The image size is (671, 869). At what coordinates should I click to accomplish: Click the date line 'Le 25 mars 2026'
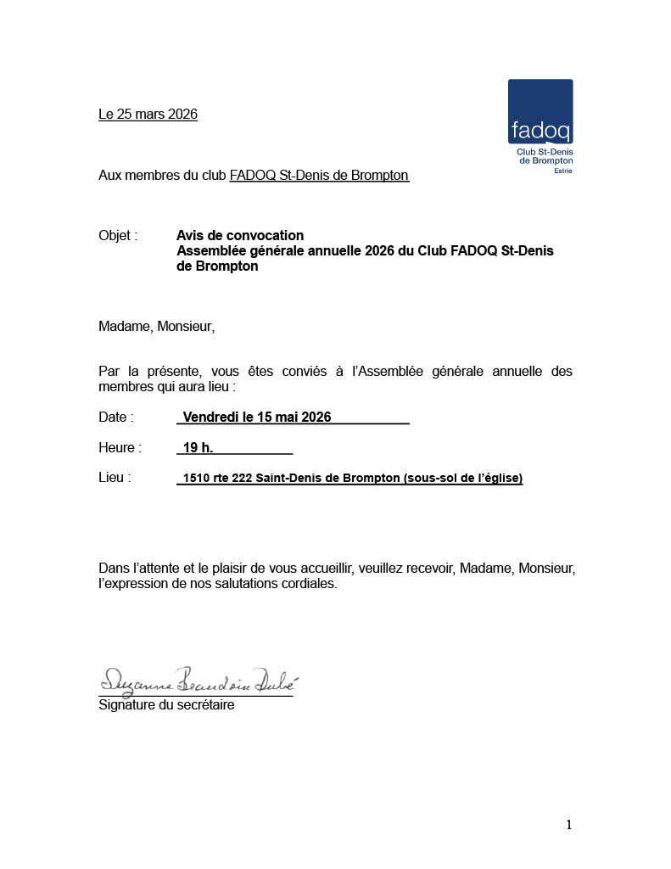pyautogui.click(x=148, y=114)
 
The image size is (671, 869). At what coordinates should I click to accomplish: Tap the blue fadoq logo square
pyautogui.click(x=540, y=111)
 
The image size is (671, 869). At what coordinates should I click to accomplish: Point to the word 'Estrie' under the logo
pyautogui.click(x=562, y=171)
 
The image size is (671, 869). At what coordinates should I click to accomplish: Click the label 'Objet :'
pyautogui.click(x=118, y=235)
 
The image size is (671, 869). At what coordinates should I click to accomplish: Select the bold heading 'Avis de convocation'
pyautogui.click(x=240, y=235)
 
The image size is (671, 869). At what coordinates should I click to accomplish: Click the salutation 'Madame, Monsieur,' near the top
pyautogui.click(x=157, y=326)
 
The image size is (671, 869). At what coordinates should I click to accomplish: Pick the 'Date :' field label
pyautogui.click(x=116, y=417)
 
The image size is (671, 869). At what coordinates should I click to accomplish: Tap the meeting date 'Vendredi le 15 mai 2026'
pyautogui.click(x=257, y=417)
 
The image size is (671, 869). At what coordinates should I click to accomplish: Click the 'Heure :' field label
pyautogui.click(x=120, y=447)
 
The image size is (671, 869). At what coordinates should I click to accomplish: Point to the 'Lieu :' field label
pyautogui.click(x=115, y=478)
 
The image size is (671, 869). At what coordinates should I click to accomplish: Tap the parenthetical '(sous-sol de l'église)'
pyautogui.click(x=463, y=478)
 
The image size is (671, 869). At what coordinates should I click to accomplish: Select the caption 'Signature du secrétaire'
pyautogui.click(x=166, y=704)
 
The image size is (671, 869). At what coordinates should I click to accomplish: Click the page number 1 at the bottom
pyautogui.click(x=569, y=824)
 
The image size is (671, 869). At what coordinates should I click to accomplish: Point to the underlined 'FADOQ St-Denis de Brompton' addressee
pyautogui.click(x=319, y=176)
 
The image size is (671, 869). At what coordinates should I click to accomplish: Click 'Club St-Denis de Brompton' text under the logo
pyautogui.click(x=545, y=156)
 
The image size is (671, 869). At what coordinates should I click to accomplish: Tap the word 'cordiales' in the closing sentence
pyautogui.click(x=310, y=584)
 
